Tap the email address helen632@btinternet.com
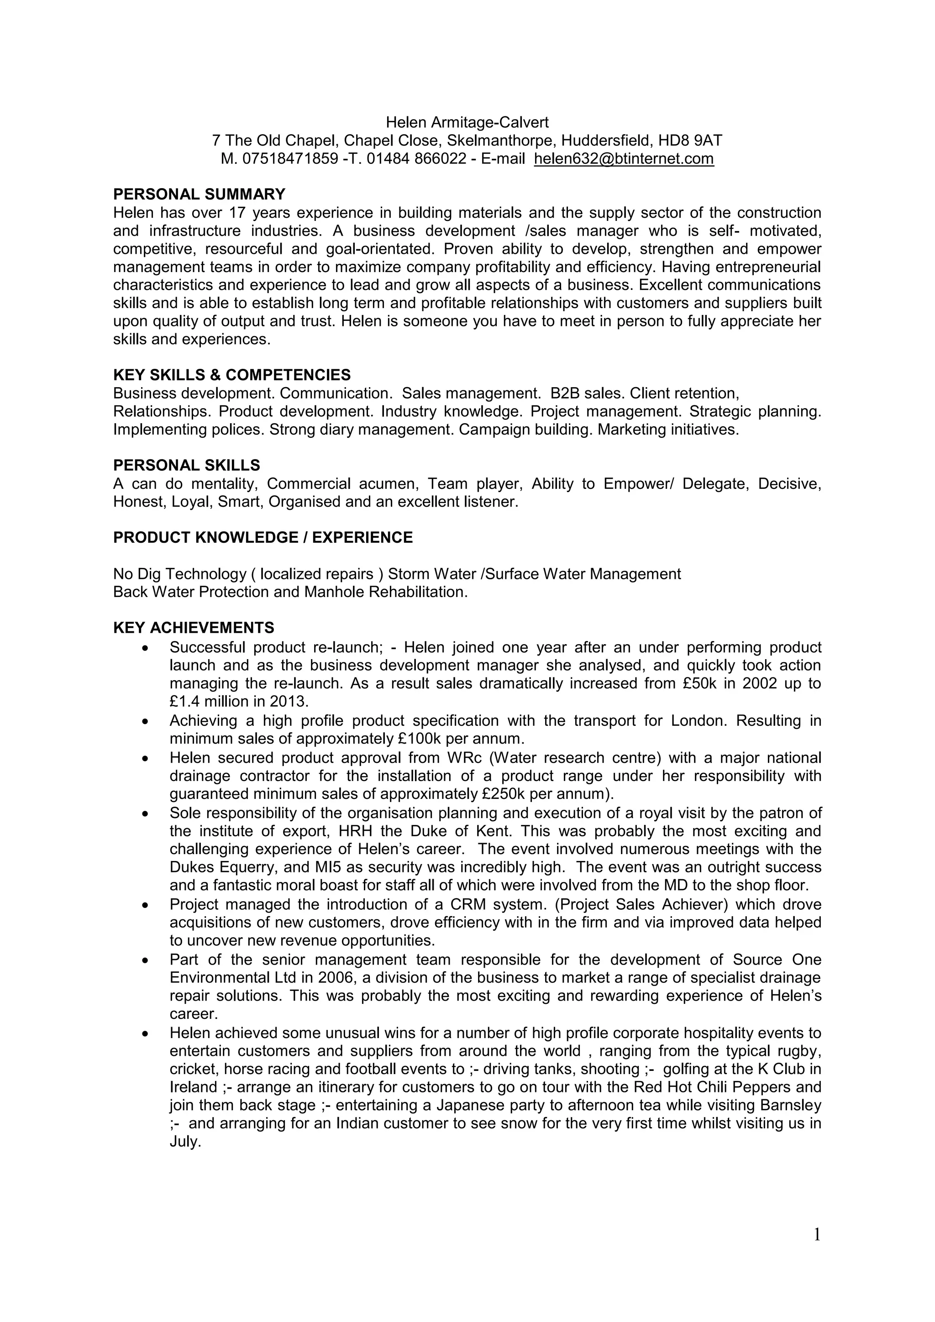point(624,159)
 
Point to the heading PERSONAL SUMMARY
point(199,194)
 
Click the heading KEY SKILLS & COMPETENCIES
point(231,375)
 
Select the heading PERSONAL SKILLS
point(187,465)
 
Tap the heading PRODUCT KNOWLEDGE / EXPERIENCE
point(263,538)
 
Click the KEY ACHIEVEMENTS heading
point(194,628)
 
